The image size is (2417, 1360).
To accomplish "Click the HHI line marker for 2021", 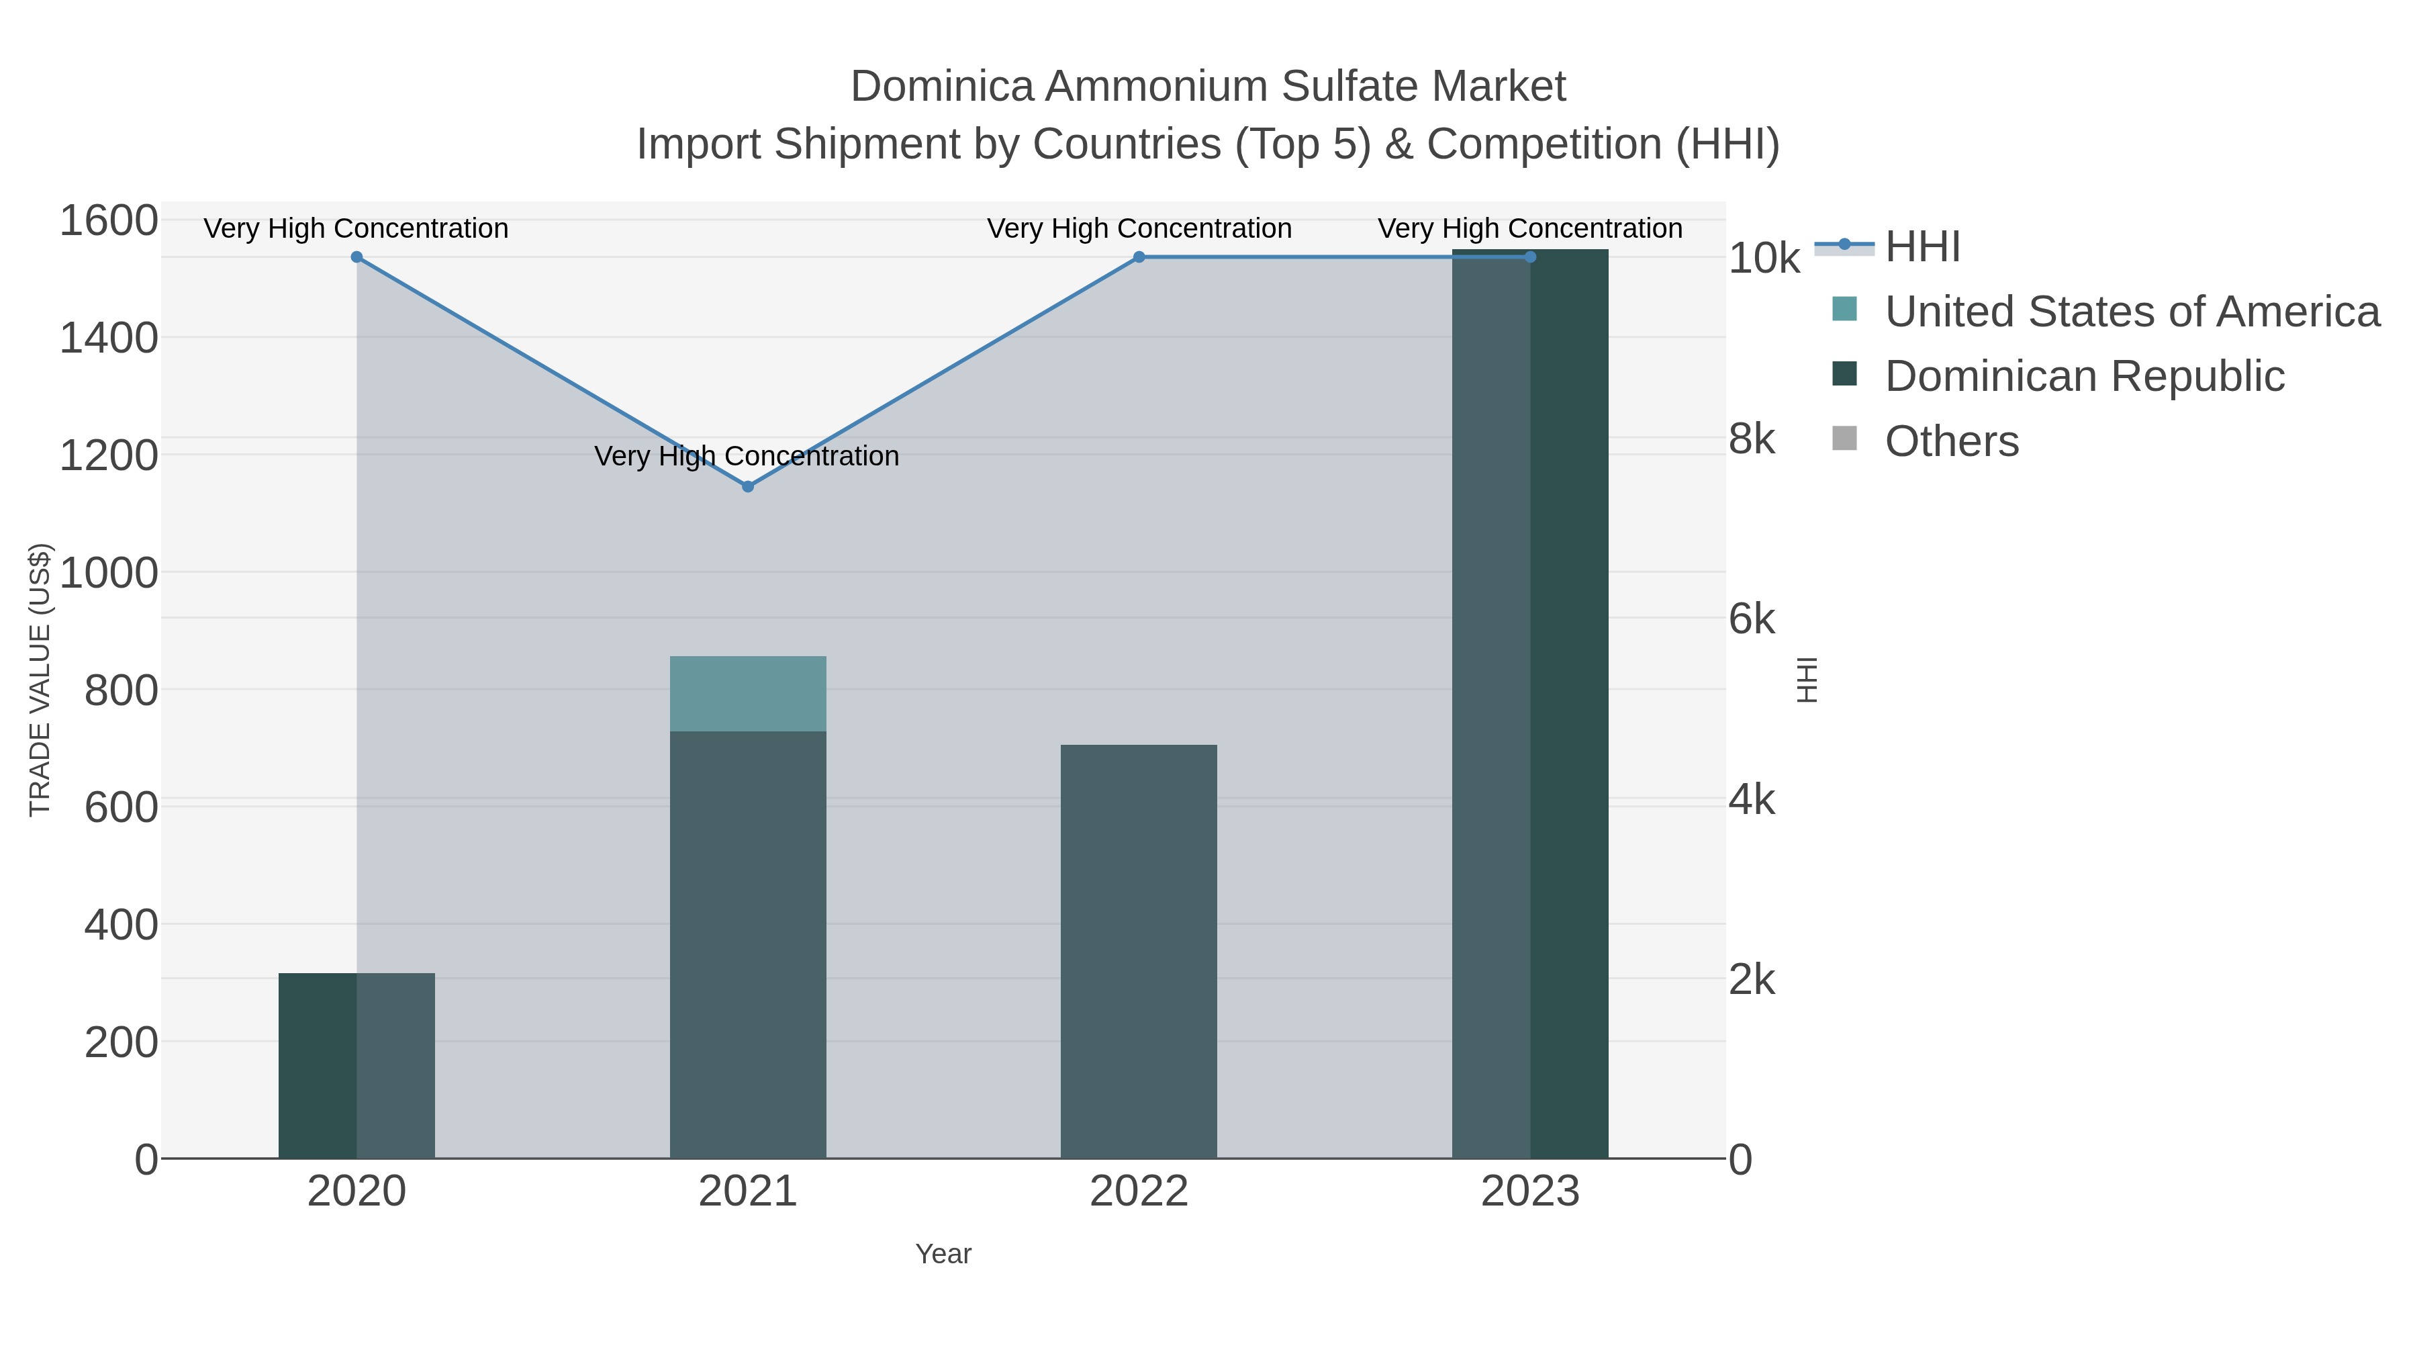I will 748,486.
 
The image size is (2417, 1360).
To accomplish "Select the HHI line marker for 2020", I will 357,257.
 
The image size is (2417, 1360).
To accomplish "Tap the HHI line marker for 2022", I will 1139,257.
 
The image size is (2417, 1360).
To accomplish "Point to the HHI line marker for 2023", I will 1530,257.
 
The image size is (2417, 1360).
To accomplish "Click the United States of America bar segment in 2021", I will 748,694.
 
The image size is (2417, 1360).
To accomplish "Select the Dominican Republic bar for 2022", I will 1139,951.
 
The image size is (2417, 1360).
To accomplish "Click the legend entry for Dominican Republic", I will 2085,376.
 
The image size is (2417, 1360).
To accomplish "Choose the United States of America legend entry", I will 2132,312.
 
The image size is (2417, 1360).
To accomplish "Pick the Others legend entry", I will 1952,441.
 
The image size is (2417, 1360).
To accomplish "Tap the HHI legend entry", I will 1923,247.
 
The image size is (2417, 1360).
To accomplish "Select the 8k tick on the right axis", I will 1752,439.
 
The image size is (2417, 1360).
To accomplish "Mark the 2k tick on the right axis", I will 1752,980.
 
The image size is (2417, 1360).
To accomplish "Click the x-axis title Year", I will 943,1254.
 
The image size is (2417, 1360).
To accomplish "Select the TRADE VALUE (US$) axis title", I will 40,680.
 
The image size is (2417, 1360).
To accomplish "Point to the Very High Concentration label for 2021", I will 747,456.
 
